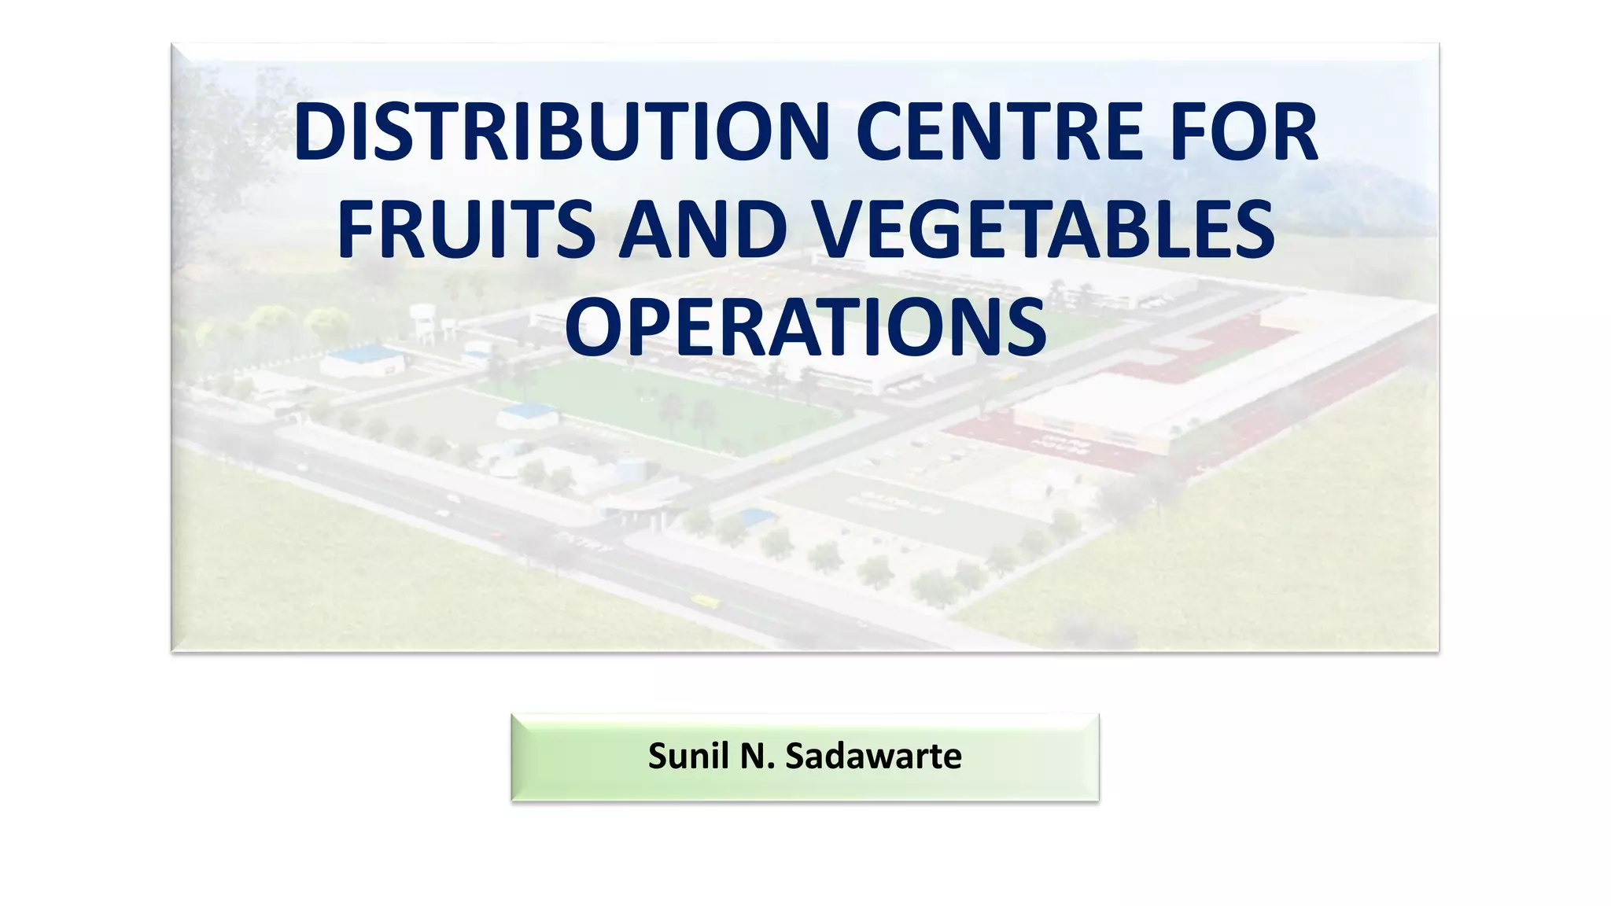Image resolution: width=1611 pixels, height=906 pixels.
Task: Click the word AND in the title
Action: tap(702, 230)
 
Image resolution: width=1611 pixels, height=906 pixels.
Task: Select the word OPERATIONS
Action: tap(805, 327)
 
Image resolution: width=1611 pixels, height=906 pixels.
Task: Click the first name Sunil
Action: tap(688, 757)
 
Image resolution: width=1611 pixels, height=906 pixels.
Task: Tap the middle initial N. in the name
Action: tap(757, 757)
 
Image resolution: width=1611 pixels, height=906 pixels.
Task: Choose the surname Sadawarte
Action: tap(873, 757)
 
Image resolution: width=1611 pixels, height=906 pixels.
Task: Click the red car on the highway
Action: tap(497, 535)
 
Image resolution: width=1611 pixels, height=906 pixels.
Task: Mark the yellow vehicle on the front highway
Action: tap(705, 602)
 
